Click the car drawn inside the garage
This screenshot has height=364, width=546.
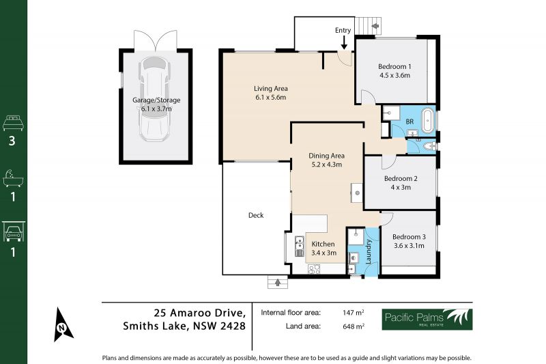[x=155, y=98]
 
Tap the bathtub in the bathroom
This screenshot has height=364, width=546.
[x=428, y=120]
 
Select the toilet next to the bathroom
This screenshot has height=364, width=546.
[x=430, y=146]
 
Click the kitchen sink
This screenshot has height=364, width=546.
[x=299, y=247]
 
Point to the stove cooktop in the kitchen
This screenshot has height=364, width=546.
[x=314, y=269]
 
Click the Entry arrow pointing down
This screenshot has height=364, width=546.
[x=344, y=42]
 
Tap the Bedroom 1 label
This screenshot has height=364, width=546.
[x=394, y=66]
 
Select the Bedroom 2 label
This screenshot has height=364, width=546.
[x=401, y=178]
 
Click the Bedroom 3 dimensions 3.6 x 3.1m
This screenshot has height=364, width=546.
[x=409, y=246]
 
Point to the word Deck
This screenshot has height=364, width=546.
[x=256, y=215]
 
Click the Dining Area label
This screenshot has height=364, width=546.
[x=327, y=156]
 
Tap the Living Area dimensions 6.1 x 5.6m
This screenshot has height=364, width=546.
[x=270, y=98]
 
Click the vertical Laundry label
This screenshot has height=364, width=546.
[x=369, y=251]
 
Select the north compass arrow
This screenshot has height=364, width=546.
[x=62, y=325]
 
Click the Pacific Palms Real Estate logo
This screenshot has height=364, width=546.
[x=427, y=319]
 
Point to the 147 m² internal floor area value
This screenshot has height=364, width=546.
[x=354, y=313]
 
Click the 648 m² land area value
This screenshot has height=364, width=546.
[x=354, y=326]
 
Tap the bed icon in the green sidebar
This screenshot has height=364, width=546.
[x=13, y=124]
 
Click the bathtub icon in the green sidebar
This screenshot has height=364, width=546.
[x=13, y=178]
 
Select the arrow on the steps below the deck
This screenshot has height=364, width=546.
[x=278, y=283]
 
